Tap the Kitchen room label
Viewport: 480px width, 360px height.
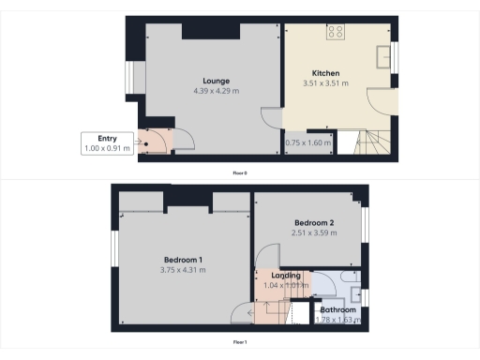325,73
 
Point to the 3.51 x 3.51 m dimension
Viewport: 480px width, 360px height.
325,83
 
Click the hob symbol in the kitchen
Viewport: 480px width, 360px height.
336,33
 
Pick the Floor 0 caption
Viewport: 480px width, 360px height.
240,173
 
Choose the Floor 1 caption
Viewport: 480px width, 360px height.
240,342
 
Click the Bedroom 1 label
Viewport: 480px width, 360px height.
184,260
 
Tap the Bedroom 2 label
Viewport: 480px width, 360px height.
313,222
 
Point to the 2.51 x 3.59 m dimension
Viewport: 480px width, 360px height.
313,232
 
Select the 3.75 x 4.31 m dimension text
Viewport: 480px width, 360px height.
184,270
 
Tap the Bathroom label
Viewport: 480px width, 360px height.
338,309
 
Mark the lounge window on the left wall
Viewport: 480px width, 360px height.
129,79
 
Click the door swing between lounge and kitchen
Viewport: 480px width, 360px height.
271,119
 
